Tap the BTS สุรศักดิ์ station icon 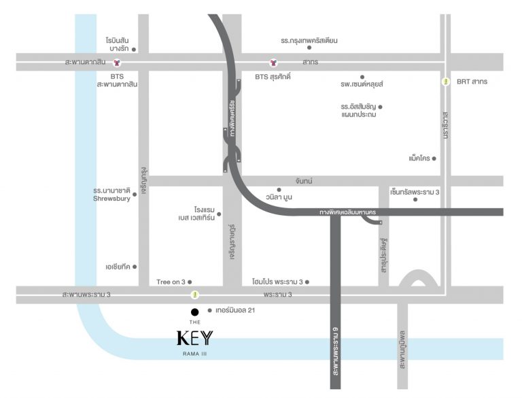(273, 63)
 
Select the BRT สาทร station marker (446, 82)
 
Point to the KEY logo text (195, 337)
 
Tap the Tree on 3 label (171, 281)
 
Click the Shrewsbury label (111, 199)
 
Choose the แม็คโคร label (418, 158)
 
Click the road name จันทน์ (304, 180)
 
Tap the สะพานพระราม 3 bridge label (86, 295)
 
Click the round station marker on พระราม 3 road (195, 295)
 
